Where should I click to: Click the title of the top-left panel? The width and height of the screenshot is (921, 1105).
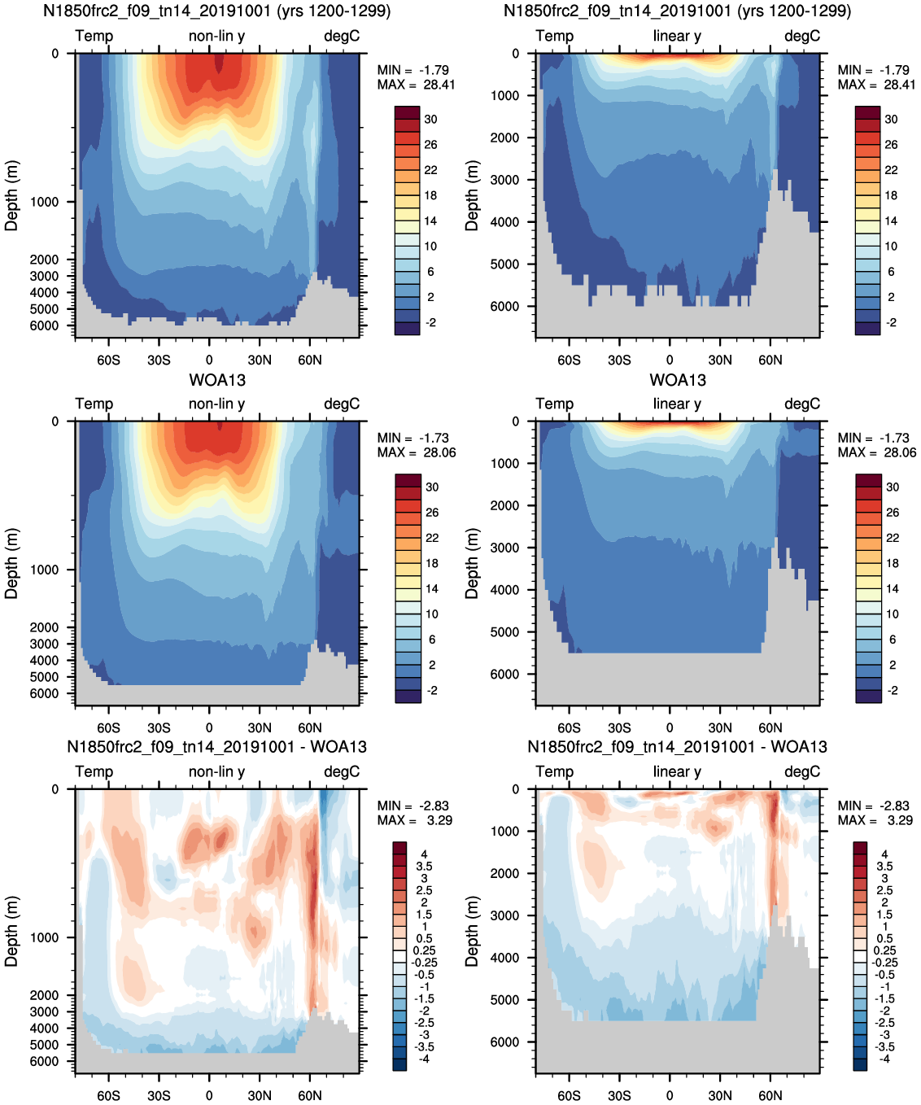coord(217,11)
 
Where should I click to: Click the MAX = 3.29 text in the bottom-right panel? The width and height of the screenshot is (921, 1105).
coord(875,820)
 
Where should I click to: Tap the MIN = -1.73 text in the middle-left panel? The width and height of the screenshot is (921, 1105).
coord(412,438)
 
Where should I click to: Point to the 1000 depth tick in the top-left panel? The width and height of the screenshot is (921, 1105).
coord(45,202)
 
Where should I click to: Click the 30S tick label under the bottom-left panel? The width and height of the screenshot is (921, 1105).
coord(159,1095)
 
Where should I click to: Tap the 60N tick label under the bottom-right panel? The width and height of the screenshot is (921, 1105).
coord(770,1095)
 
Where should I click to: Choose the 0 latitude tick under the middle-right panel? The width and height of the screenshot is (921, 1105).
coord(670,727)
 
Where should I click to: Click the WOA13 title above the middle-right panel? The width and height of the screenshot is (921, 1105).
coord(678,379)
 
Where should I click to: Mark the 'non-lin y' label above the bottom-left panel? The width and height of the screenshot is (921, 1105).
coord(216,772)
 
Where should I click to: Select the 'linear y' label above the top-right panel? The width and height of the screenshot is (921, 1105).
coord(677,36)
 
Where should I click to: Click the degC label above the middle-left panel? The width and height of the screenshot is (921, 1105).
coord(342,404)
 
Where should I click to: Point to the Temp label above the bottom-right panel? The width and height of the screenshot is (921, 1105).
coord(554,771)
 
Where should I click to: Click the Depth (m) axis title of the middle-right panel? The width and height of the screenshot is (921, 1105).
coord(472,563)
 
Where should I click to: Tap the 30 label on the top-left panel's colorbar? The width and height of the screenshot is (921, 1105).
coord(431,119)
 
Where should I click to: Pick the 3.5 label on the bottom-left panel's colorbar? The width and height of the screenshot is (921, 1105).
coord(425,867)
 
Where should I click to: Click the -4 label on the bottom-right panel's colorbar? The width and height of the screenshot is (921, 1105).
coord(884,1057)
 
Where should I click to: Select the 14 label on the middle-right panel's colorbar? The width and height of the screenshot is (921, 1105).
coord(893,588)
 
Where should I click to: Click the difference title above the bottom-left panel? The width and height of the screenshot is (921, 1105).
coord(216,747)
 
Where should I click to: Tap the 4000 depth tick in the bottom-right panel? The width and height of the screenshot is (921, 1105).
coord(505,958)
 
